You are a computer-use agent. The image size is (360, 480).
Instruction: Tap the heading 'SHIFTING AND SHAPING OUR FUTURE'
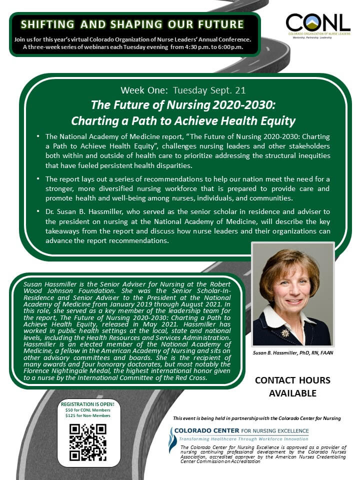pyautogui.click(x=132, y=24)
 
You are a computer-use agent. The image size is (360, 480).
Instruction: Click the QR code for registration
pyautogui.click(x=88, y=442)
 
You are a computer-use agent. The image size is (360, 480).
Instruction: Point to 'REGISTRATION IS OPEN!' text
pyautogui.click(x=87, y=404)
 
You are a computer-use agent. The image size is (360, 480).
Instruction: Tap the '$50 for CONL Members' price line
pyautogui.click(x=87, y=410)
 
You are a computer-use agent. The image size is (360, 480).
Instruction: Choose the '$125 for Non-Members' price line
pyautogui.click(x=87, y=415)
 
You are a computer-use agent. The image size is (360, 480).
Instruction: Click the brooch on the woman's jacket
pyautogui.click(x=285, y=332)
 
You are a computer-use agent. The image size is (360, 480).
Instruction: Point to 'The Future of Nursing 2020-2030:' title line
pyautogui.click(x=183, y=105)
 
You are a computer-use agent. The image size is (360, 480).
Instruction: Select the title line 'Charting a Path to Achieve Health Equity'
pyautogui.click(x=183, y=120)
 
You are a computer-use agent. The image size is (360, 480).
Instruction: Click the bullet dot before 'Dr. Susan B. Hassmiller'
pyautogui.click(x=38, y=211)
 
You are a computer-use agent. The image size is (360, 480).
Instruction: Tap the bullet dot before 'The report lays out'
pyautogui.click(x=38, y=179)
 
